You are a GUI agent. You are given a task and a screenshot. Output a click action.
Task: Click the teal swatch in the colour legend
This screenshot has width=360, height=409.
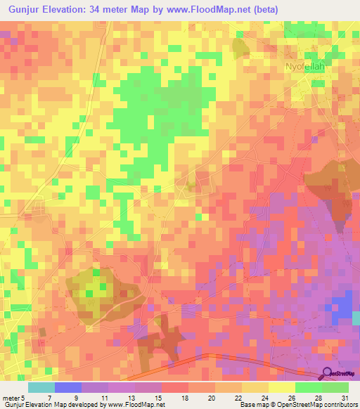tap(41, 387)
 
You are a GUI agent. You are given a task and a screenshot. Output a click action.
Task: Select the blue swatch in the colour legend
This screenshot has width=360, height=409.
tap(67, 387)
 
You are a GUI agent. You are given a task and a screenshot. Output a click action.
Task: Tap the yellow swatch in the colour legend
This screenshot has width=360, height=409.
tap(281, 387)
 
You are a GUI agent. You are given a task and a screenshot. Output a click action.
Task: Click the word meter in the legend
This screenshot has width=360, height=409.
tap(11, 397)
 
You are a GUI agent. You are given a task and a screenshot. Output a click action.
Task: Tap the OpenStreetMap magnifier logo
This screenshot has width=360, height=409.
tap(328, 373)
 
